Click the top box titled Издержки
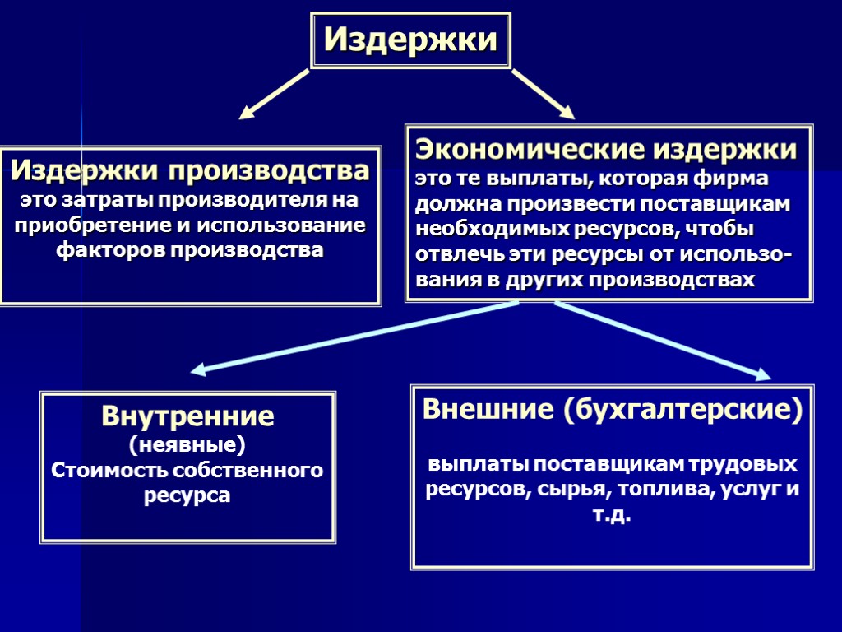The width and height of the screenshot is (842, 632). click(410, 39)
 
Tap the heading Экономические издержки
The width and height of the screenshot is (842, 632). click(606, 150)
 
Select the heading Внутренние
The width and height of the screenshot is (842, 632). click(187, 416)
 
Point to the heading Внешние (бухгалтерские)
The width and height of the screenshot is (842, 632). click(611, 409)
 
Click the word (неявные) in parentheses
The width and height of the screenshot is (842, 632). click(187, 445)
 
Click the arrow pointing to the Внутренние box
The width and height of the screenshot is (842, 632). click(354, 337)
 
